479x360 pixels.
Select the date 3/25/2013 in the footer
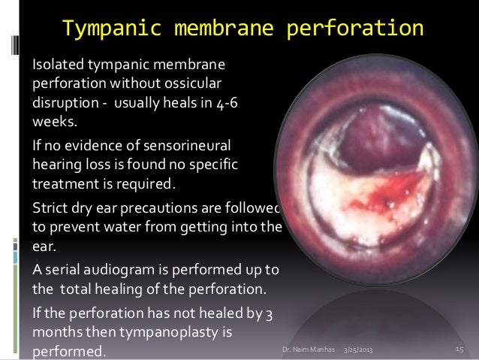coord(362,351)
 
